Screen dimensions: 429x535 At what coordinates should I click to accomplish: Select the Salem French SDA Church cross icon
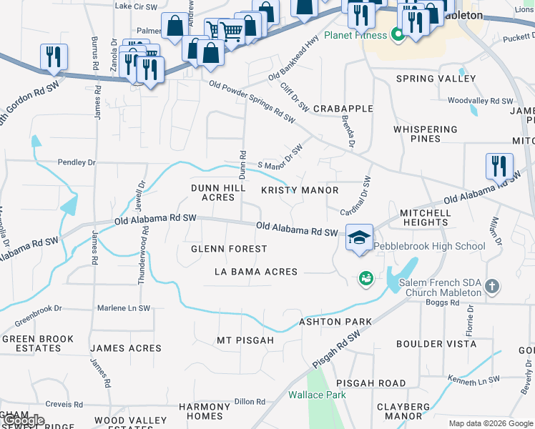click(x=491, y=287)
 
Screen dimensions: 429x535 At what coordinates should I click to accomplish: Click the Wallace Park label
click(x=317, y=395)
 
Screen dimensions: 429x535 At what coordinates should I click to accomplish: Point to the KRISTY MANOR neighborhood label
click(x=300, y=190)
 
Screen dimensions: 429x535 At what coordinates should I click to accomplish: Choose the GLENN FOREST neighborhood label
click(x=229, y=249)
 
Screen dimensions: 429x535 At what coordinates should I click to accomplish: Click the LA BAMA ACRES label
click(x=256, y=272)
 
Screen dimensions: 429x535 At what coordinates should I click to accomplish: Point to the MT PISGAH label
click(x=245, y=340)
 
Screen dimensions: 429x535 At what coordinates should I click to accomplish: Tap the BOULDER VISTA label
click(x=436, y=344)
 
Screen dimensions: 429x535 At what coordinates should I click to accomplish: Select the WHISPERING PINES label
click(x=425, y=134)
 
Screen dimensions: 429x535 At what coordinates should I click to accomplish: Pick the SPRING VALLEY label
click(x=426, y=79)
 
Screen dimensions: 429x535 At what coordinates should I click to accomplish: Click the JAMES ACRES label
click(x=126, y=348)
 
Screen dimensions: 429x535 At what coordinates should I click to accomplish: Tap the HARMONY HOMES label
click(x=205, y=411)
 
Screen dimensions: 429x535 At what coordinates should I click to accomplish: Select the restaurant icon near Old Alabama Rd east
click(x=499, y=166)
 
